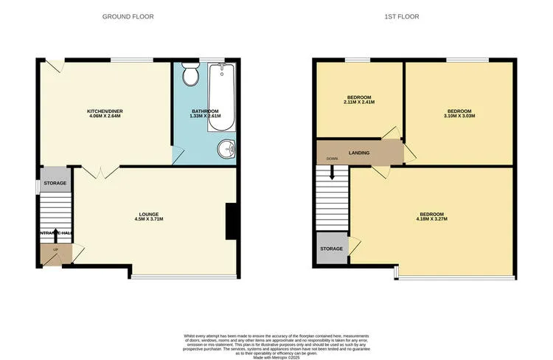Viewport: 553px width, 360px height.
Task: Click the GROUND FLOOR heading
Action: pos(128,15)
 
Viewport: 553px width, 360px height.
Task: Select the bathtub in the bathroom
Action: pos(222,97)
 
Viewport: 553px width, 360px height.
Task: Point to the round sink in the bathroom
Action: pos(227,150)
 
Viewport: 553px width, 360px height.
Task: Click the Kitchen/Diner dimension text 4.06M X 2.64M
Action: pos(102,117)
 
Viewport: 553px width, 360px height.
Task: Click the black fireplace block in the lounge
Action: pos(231,221)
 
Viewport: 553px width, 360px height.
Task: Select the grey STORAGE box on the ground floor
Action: pos(55,183)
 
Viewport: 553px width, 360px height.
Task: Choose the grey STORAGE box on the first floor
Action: pos(332,249)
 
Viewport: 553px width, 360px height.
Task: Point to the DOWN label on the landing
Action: pos(332,159)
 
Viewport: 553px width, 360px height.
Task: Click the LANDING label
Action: pos(360,153)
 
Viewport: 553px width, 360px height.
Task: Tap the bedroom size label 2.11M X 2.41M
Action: pos(359,102)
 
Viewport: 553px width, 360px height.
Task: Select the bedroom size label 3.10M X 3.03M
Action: pos(459,116)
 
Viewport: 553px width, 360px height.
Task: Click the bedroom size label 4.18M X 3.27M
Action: pos(431,219)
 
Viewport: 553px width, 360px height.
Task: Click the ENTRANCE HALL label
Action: pos(56,233)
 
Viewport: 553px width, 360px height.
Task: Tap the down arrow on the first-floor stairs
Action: pos(332,173)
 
